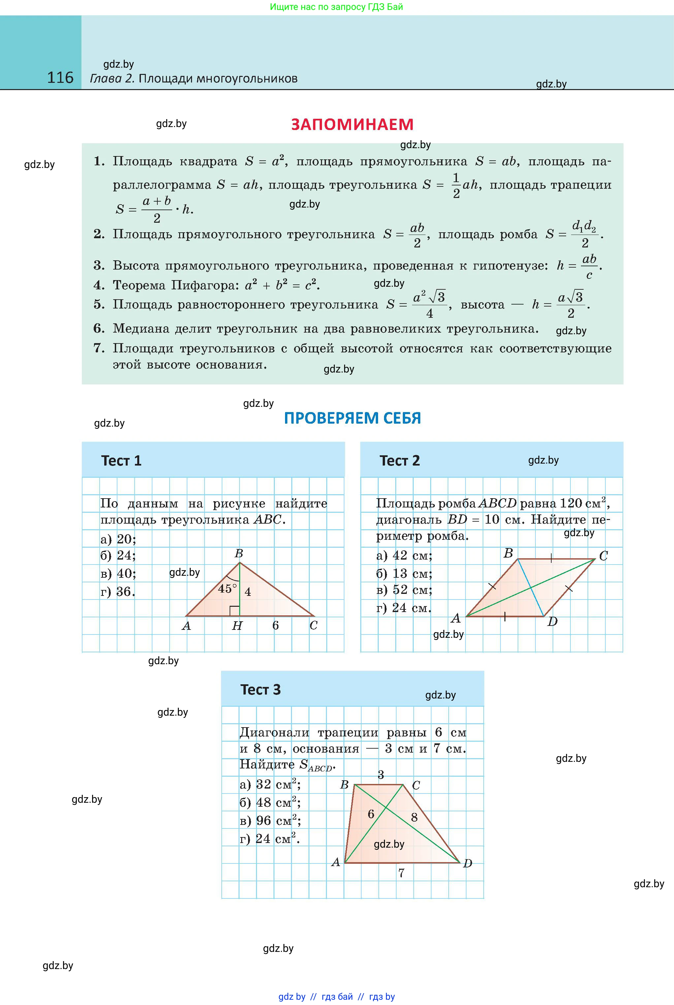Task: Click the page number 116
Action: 60,78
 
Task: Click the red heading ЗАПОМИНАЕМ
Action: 352,125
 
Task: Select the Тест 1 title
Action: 121,461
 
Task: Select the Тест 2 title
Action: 399,461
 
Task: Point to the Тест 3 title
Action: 260,690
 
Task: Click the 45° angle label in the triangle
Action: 227,589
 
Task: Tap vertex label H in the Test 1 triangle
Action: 237,626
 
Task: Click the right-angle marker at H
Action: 234,611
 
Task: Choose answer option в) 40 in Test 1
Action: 118,573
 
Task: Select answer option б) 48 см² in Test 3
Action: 270,802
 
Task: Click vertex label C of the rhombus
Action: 603,556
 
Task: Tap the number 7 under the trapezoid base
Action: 401,873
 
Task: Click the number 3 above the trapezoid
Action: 380,775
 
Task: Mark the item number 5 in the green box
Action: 99,304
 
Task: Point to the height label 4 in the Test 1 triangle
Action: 247,592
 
